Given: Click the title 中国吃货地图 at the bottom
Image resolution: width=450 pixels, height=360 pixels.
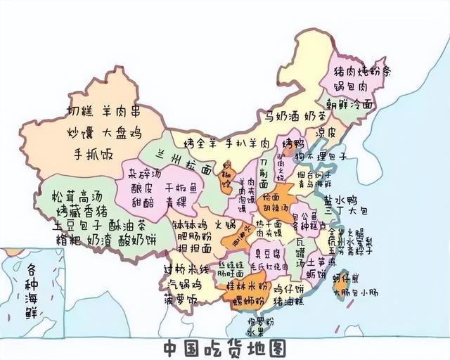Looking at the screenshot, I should pos(226,347).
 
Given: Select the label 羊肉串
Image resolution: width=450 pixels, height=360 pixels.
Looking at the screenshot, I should pos(122,112).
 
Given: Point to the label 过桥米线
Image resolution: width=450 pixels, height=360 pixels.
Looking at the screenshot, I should pos(187,269).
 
